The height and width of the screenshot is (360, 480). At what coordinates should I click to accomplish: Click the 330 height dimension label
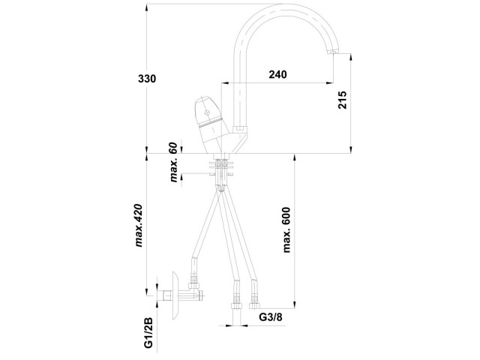point(147,79)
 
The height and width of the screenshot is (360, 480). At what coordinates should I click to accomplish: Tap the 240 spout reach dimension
point(278,74)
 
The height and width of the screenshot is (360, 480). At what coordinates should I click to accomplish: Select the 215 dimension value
point(343,100)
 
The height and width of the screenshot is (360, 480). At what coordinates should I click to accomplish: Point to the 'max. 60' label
point(173,162)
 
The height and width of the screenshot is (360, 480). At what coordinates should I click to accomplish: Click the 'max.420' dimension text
point(139,225)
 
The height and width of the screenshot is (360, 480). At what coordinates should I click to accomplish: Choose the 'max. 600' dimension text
point(286,230)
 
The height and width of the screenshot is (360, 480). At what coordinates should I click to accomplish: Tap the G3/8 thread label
point(271,317)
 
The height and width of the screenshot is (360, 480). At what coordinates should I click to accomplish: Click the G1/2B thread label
point(148,332)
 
